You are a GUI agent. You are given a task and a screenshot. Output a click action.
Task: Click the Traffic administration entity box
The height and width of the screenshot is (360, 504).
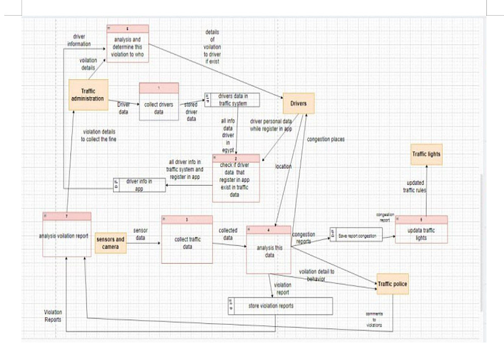88,95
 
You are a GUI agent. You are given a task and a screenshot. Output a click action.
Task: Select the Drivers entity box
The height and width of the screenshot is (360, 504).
298,103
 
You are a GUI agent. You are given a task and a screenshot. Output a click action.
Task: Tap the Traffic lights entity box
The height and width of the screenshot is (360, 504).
426,154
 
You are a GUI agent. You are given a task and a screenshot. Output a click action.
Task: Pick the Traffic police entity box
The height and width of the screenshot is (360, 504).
392,284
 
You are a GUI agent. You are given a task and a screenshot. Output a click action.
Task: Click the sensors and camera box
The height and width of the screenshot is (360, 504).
110,243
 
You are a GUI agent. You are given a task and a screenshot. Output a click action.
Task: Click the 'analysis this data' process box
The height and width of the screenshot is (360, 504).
270,251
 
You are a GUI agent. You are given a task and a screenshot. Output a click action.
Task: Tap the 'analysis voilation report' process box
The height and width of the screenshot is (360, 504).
67,235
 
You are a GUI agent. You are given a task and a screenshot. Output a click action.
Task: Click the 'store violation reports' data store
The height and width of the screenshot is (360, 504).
280,306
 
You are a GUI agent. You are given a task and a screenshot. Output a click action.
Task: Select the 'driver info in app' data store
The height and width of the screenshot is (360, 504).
139,185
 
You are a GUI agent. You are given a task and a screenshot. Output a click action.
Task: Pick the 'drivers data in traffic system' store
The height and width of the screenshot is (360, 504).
232,100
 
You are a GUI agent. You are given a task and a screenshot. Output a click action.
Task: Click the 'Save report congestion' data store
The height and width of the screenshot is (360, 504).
356,234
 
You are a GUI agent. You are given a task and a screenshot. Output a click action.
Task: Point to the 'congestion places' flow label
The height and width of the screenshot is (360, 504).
326,139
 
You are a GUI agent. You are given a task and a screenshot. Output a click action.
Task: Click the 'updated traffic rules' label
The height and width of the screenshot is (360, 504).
415,187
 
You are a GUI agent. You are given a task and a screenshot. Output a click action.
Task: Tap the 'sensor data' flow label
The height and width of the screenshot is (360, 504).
141,233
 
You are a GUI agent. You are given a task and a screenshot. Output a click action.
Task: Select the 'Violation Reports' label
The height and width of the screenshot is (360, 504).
53,316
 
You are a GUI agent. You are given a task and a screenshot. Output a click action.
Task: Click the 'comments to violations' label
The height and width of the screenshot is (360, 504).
374,320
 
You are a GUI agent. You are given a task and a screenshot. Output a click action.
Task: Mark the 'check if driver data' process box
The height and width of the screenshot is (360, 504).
236,178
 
